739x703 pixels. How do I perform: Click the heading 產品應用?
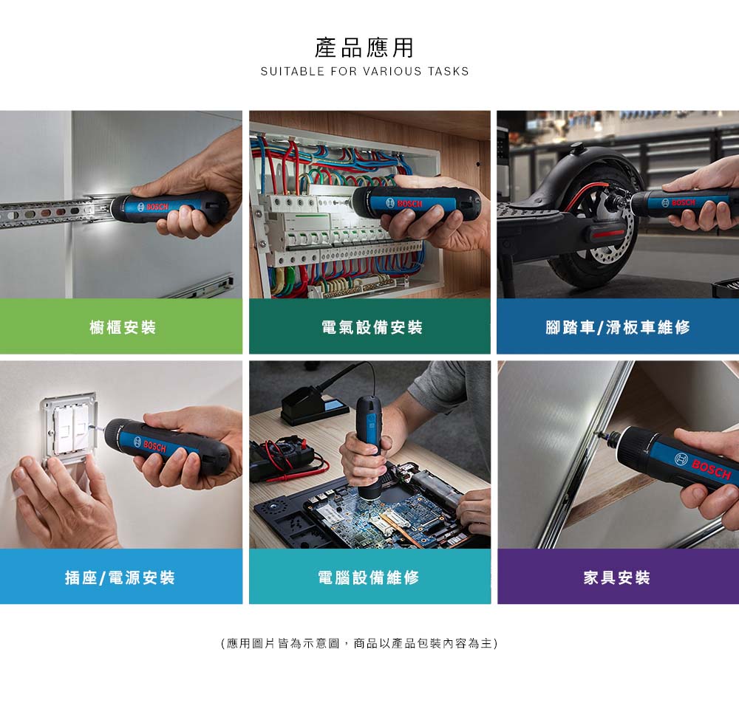click(x=364, y=48)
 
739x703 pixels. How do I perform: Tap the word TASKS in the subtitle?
click(x=449, y=72)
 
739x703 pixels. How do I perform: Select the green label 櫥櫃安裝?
click(x=123, y=327)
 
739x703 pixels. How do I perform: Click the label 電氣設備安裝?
click(x=372, y=327)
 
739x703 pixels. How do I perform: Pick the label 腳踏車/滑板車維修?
click(x=618, y=327)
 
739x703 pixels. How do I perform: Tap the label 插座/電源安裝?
click(x=120, y=577)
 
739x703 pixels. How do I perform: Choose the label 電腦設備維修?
click(x=369, y=577)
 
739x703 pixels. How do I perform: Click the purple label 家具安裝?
click(x=617, y=577)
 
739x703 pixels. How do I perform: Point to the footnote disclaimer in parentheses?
click(x=359, y=643)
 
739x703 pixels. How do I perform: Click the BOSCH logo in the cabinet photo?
click(x=153, y=207)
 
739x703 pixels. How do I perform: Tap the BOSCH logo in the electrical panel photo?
click(x=404, y=203)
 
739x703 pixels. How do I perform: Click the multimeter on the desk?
click(x=282, y=459)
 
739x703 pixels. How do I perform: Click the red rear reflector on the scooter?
click(x=608, y=234)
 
